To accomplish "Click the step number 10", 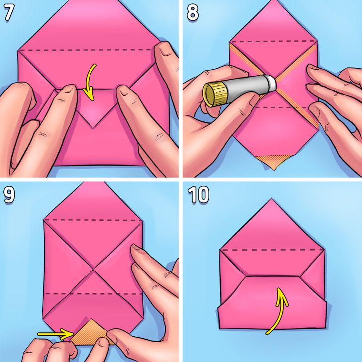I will [198, 195].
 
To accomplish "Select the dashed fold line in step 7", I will [90, 50].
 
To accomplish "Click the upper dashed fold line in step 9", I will [93, 219].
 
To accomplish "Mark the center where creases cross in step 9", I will [93, 270].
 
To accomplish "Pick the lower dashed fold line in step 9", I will [93, 293].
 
